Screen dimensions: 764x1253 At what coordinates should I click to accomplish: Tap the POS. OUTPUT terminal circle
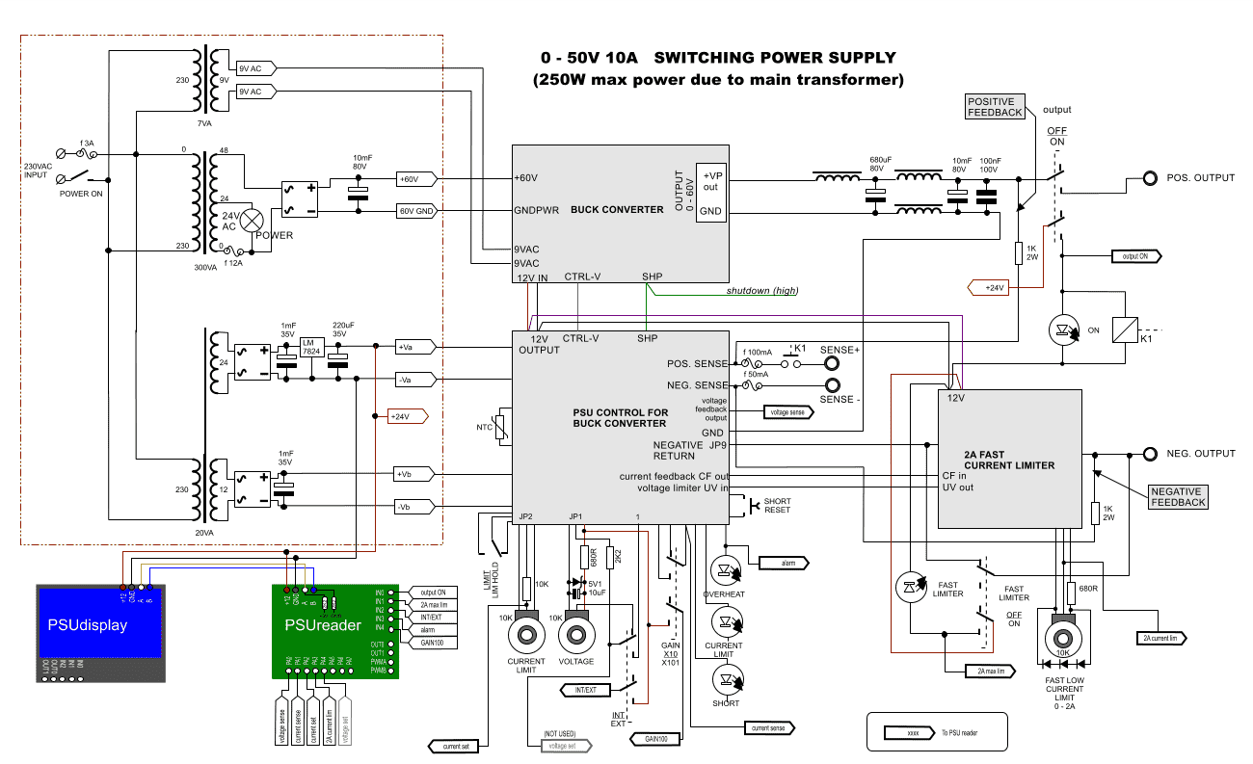click(1150, 179)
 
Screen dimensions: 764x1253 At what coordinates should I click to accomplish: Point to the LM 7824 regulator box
click(310, 348)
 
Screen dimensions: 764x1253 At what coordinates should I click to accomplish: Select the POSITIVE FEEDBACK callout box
click(995, 107)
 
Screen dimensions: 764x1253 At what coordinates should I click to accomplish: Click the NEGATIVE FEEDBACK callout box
click(1178, 496)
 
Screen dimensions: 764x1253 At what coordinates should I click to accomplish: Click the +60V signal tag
click(416, 179)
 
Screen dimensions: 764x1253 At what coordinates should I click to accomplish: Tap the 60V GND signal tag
click(417, 210)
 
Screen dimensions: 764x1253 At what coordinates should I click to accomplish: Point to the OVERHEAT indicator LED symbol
click(725, 568)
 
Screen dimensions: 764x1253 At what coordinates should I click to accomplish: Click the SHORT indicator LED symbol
click(725, 679)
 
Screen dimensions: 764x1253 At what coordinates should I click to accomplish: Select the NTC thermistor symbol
click(499, 426)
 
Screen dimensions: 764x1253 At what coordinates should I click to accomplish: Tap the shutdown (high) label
click(761, 290)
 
